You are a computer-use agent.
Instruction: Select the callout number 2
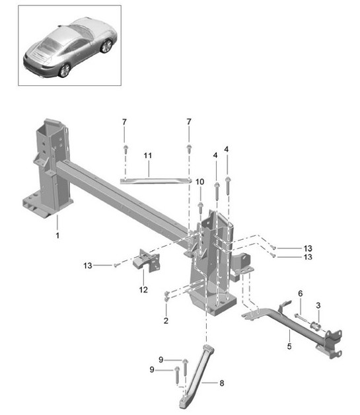point(166,321)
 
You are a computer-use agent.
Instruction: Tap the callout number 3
point(318,305)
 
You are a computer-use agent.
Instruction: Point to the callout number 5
point(288,345)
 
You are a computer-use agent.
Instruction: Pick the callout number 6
point(300,293)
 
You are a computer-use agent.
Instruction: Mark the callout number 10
point(199,182)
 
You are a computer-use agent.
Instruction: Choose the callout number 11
point(148,156)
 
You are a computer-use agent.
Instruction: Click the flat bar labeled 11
point(155,179)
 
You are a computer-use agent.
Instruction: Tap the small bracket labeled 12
point(146,261)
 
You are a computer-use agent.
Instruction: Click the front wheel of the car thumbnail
point(104,47)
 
